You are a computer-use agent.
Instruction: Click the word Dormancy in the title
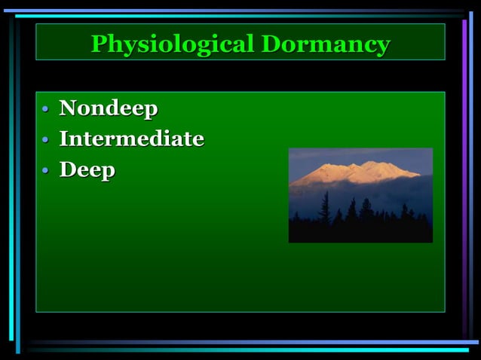326,44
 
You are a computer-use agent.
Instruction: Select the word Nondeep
109,108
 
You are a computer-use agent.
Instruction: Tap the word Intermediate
131,139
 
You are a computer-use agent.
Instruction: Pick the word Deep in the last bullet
87,169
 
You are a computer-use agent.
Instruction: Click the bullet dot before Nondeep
45,110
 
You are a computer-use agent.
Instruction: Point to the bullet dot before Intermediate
45,140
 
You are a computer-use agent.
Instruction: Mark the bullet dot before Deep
45,171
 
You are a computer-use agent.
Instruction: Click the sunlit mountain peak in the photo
369,166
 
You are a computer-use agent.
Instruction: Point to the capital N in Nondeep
68,108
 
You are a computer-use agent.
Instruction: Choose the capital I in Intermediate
64,139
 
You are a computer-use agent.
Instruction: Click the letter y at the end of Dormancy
383,46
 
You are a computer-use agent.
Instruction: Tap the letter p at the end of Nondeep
151,111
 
